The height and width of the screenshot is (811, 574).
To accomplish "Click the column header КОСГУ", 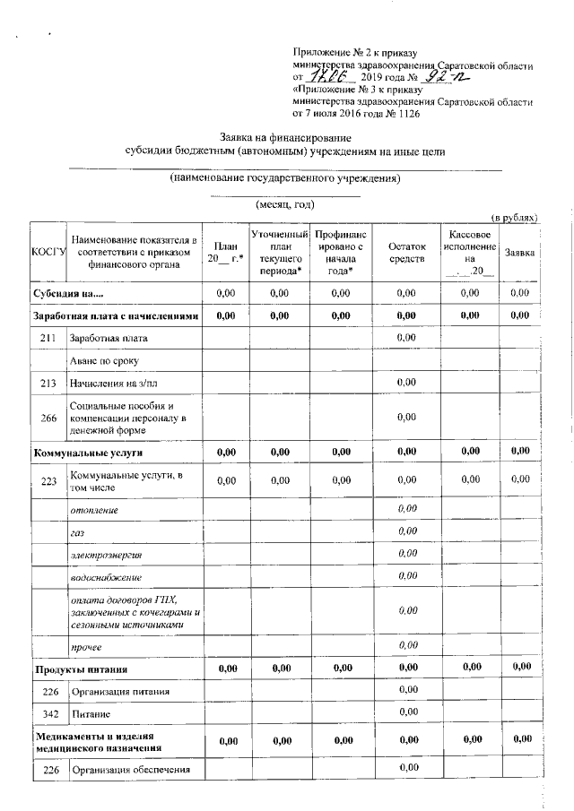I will tap(49, 253).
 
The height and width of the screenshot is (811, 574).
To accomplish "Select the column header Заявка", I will tap(519, 253).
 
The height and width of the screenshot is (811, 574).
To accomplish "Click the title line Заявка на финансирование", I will tap(285, 138).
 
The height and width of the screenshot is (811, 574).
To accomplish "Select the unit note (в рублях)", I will tap(512, 218).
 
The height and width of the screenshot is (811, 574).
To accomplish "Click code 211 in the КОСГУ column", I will tap(48, 338).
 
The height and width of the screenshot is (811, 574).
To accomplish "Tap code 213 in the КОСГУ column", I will tap(48, 383).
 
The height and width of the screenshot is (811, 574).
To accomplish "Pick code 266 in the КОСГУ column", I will tap(48, 417).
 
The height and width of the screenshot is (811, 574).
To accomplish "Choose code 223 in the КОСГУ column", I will tap(48, 481).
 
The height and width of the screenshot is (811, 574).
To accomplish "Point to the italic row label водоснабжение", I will tap(106, 576).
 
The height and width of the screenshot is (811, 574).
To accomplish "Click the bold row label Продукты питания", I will tap(81, 669).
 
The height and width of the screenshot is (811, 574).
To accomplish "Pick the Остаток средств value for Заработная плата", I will tap(405, 338).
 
